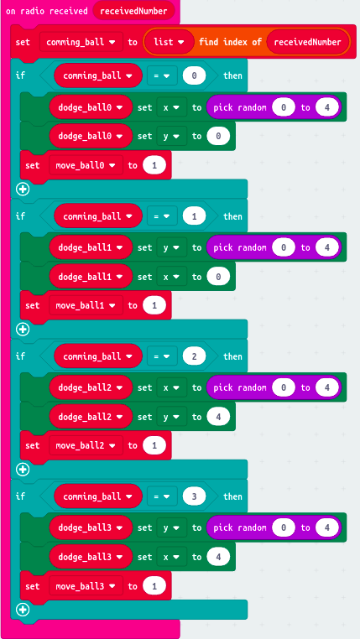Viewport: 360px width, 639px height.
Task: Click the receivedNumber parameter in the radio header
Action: (x=133, y=11)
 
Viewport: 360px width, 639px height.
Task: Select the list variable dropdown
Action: (x=170, y=42)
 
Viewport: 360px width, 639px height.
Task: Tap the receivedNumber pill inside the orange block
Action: (x=308, y=42)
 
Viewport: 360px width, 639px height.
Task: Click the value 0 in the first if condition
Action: (x=194, y=75)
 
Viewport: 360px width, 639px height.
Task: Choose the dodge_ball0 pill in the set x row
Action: (x=91, y=107)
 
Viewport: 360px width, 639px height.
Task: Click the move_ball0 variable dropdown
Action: (x=86, y=165)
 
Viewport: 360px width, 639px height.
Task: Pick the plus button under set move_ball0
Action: (x=23, y=189)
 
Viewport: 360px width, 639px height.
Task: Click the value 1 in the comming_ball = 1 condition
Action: (x=194, y=216)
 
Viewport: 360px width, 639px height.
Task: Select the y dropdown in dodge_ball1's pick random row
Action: (x=172, y=247)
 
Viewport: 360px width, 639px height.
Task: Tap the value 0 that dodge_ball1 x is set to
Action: (x=218, y=277)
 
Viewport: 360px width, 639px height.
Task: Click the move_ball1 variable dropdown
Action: (x=86, y=305)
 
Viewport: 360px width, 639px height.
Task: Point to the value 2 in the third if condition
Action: (x=194, y=356)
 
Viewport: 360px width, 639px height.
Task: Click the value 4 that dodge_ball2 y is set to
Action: (x=218, y=417)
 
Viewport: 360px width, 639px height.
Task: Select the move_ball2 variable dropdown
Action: (x=86, y=445)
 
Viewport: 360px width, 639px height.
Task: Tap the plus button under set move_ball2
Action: (x=23, y=470)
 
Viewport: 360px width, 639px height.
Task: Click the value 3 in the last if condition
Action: (x=194, y=496)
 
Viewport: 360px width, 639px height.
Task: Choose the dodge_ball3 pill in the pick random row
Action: (x=91, y=527)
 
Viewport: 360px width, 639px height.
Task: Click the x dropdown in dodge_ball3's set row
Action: (x=172, y=557)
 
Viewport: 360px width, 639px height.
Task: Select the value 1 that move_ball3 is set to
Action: (x=154, y=586)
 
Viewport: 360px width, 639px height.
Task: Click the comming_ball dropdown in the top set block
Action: (x=81, y=42)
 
